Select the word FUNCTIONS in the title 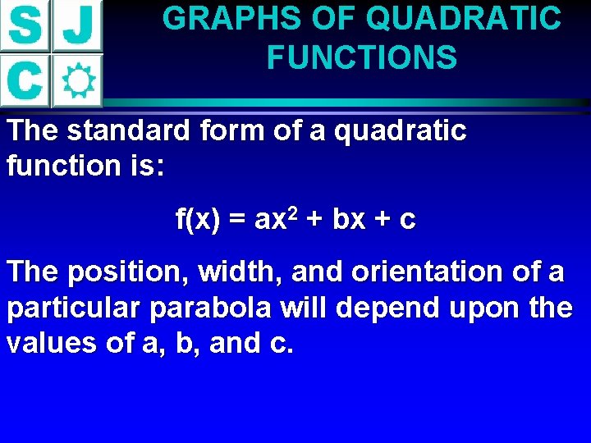tap(362, 57)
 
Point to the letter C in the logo tap(25, 80)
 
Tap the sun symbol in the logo tap(78, 80)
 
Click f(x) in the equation tap(199, 220)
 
